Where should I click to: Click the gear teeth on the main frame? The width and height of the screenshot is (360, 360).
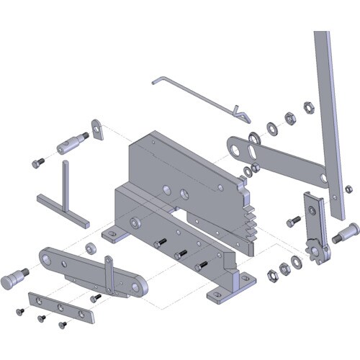coord(248,220)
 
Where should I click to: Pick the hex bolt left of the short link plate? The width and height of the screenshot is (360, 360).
coord(293,220)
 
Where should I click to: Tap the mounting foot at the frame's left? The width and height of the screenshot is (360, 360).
coord(112,234)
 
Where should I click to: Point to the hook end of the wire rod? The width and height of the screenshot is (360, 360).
coord(242,113)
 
